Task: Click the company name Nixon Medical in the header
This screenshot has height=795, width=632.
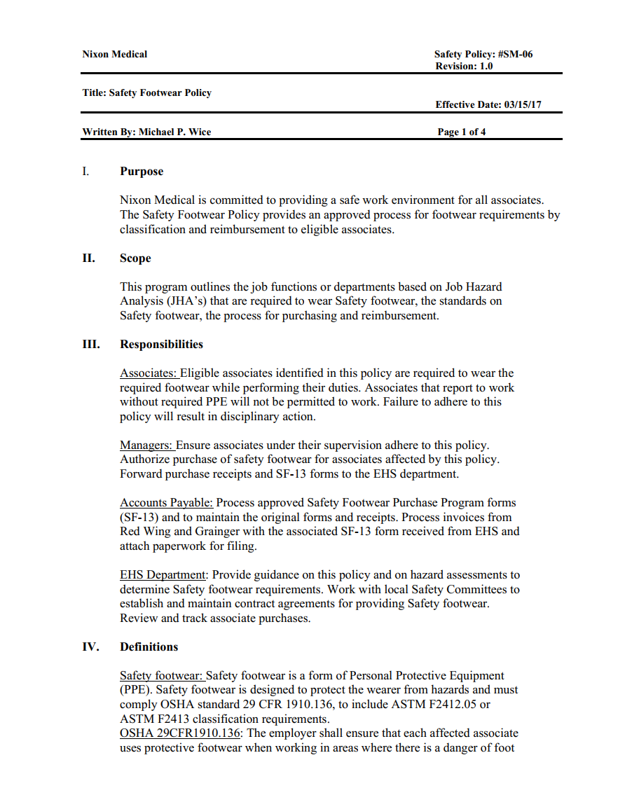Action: [114, 54]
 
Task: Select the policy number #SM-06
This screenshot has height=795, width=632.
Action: [515, 54]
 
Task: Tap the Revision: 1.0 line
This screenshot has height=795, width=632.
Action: [464, 66]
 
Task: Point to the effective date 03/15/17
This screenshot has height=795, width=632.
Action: [523, 105]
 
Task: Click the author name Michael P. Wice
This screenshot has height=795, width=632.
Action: [174, 132]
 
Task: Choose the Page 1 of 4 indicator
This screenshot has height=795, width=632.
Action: [461, 132]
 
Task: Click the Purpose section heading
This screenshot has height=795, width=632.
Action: [142, 172]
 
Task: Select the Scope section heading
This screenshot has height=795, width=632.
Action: [135, 258]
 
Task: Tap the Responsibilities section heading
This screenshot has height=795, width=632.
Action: [161, 344]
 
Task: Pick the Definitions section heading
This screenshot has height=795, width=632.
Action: [149, 647]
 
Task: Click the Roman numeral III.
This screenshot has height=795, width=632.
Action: [90, 344]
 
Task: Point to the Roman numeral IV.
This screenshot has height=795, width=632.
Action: [90, 647]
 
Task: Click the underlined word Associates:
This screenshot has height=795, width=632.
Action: [149, 373]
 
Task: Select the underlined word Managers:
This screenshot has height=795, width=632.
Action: [146, 445]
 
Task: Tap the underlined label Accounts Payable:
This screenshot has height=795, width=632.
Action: [166, 503]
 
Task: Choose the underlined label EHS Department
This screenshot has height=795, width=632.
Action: [163, 575]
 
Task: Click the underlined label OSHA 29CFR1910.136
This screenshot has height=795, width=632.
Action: [181, 733]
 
